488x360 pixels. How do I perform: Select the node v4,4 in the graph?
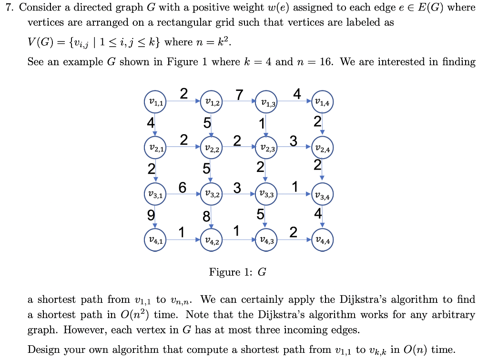click(323, 241)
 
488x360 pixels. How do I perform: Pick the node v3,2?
click(211, 194)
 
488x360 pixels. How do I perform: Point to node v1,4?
click(323, 101)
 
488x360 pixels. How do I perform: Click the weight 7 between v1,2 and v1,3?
click(239, 94)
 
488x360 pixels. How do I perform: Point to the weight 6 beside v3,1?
click(183, 187)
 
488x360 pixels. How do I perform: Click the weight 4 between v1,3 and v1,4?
click(297, 94)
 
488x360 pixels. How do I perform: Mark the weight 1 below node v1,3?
click(261, 123)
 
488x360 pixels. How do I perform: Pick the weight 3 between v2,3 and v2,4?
click(294, 140)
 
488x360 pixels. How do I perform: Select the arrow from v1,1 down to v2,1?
click(155, 125)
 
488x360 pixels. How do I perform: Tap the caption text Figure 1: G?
click(237, 272)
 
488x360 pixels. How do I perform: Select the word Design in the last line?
click(43, 350)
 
